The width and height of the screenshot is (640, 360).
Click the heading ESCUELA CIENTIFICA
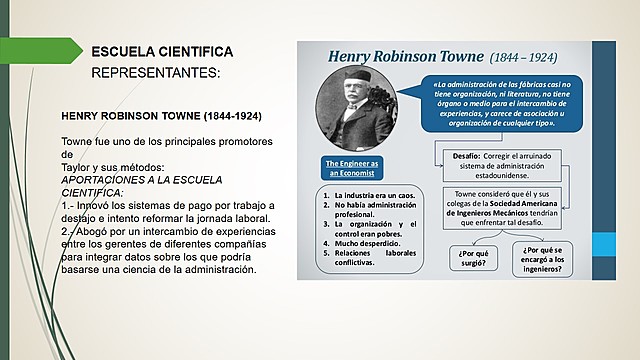click(162, 51)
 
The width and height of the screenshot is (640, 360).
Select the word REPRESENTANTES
click(154, 73)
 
